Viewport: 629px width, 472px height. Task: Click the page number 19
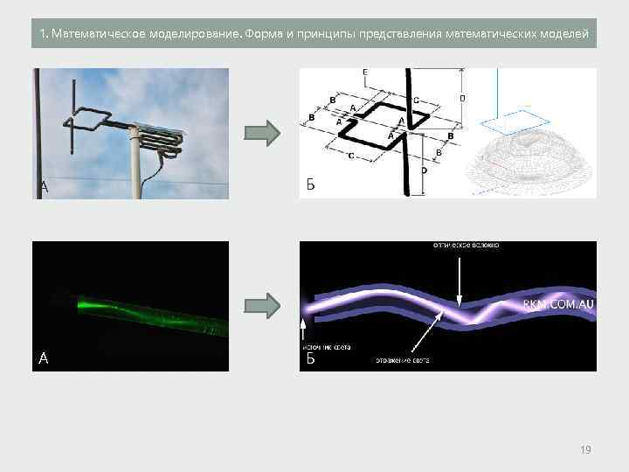(585, 449)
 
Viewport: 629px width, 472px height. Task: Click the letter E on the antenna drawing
(363, 72)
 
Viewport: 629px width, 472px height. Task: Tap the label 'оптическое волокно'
(466, 246)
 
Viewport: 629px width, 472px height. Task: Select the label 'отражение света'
(402, 359)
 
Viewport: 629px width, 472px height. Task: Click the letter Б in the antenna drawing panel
(310, 184)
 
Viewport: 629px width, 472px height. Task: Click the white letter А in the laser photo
(44, 357)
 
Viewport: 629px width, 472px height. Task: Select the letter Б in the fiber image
(310, 357)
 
